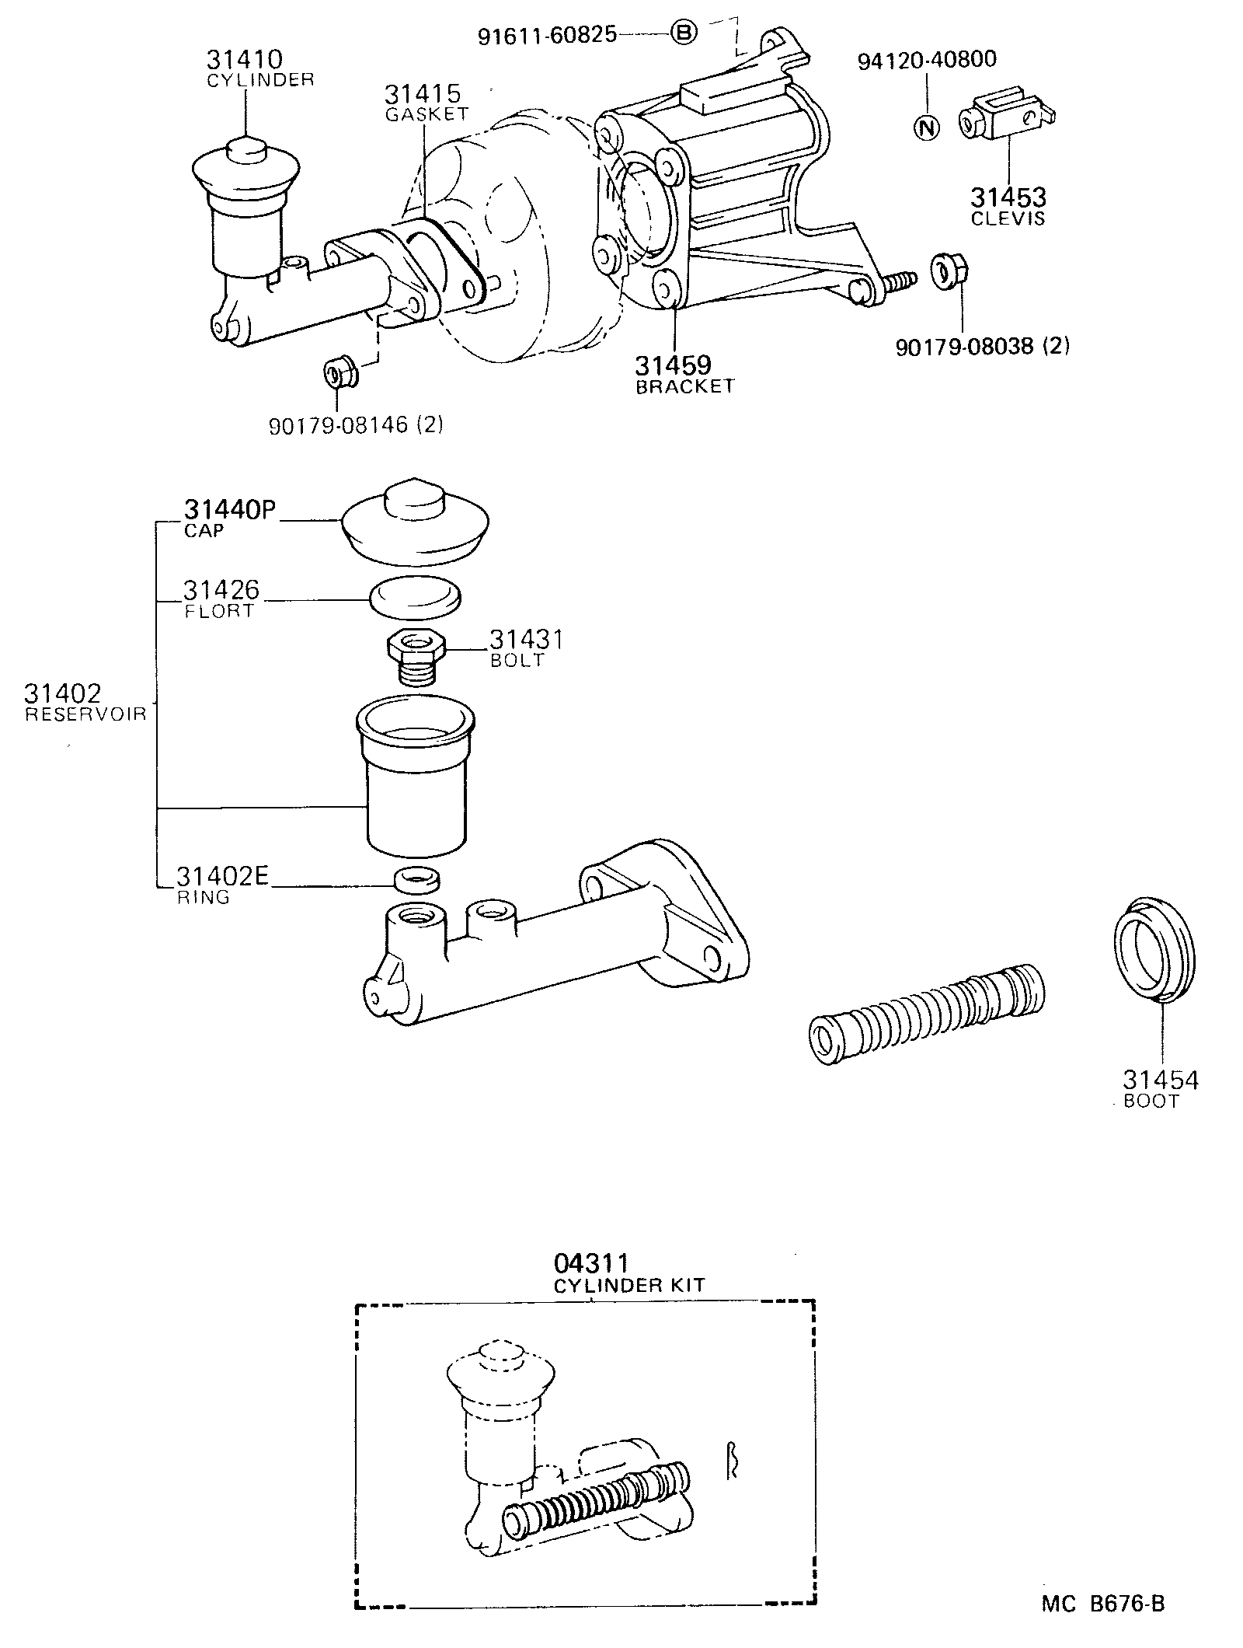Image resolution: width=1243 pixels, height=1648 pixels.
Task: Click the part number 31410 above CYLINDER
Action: click(x=244, y=59)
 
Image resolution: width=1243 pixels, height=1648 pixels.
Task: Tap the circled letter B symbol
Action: click(x=683, y=33)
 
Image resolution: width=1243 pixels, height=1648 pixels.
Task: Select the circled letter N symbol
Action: click(x=926, y=127)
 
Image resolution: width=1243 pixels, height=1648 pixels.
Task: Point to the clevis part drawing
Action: click(x=1007, y=116)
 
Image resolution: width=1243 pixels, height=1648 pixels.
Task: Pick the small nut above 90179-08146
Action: click(x=339, y=372)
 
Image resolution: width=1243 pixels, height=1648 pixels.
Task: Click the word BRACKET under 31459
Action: click(x=684, y=386)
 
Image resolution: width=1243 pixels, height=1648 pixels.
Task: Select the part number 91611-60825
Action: click(x=547, y=34)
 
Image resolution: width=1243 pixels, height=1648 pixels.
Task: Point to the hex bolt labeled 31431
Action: click(x=415, y=655)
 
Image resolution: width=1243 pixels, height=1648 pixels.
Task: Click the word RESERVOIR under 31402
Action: click(x=85, y=714)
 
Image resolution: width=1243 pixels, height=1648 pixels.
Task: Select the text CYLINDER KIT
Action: click(x=628, y=1285)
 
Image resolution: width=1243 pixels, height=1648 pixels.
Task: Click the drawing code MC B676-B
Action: click(x=1103, y=1601)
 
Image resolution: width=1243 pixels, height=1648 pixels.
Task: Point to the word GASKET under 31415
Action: click(x=427, y=113)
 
